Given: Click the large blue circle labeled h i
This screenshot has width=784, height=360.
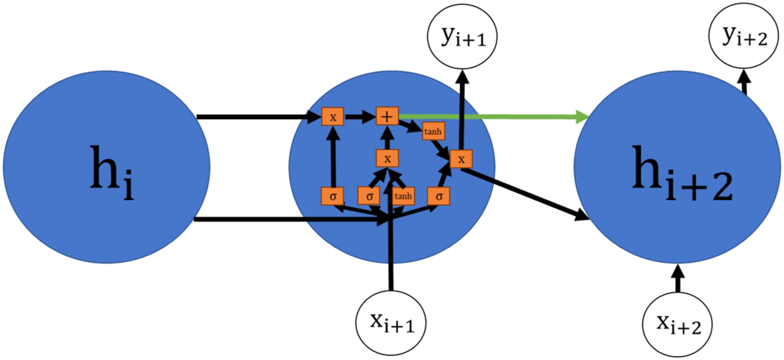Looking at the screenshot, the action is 106,167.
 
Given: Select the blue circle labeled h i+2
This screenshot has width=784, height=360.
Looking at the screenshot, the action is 677,167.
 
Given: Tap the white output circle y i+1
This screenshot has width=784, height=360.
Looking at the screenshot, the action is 462,36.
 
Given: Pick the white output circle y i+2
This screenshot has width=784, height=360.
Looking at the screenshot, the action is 744,36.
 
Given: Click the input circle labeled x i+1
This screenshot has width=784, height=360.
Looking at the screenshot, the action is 391,322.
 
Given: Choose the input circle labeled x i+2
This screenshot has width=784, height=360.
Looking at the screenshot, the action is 677,325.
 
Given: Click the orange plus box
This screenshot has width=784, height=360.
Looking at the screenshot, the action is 387,116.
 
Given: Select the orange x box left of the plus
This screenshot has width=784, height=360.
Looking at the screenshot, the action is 333,117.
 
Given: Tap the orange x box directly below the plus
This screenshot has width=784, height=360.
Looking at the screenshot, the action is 387,159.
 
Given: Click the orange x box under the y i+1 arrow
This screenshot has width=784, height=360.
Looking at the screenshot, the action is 461,159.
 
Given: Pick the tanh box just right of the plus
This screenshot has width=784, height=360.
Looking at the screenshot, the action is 433,131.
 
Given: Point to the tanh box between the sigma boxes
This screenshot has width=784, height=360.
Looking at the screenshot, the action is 403,196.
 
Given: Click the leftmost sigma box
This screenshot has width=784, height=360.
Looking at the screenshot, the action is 333,196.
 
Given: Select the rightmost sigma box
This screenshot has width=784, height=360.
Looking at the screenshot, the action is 439,196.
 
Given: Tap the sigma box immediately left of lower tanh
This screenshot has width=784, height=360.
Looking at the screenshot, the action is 369,196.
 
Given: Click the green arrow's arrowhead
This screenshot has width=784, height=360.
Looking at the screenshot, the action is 582,117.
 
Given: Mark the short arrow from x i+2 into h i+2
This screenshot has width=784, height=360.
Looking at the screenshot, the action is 677,278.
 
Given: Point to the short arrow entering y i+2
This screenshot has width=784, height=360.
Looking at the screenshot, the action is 744,82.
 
